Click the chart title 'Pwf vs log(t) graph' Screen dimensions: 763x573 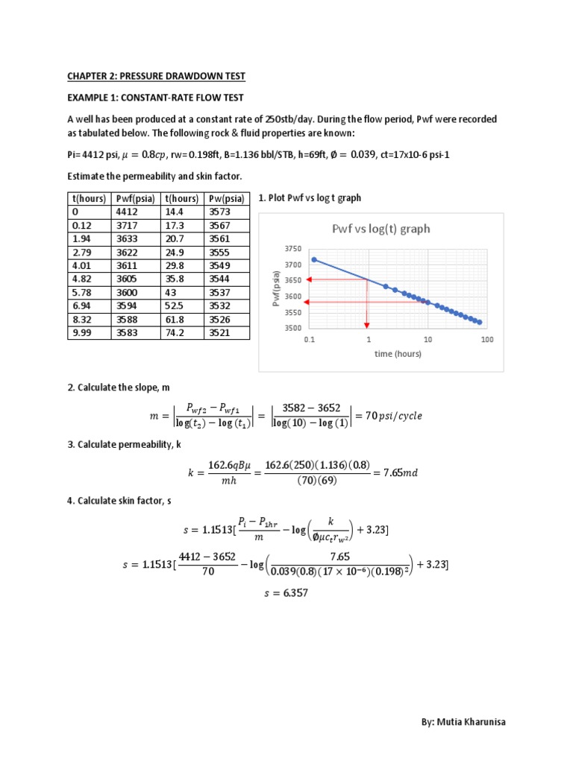click(381, 229)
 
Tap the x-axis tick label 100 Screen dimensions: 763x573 click(486, 340)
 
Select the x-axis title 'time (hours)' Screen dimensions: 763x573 click(398, 354)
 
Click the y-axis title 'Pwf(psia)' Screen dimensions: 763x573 click(276, 288)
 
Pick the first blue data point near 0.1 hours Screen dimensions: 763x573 click(314, 259)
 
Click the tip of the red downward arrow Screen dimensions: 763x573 click(367, 326)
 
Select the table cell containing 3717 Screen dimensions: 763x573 click(133, 226)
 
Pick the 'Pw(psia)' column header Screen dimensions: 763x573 click(226, 199)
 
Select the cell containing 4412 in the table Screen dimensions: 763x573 click(133, 212)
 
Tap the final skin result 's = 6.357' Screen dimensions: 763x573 click(286, 593)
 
